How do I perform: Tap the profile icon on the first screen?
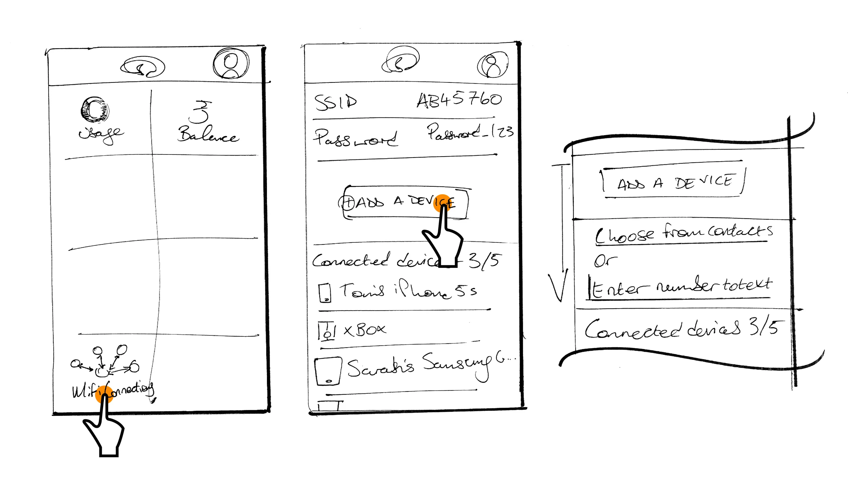[x=231, y=63]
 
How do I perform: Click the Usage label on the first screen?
[x=101, y=134]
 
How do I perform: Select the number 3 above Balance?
[x=200, y=112]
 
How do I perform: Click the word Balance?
[x=208, y=134]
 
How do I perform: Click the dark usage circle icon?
[x=95, y=109]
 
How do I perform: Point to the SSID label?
[x=335, y=102]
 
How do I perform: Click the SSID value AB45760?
[x=459, y=100]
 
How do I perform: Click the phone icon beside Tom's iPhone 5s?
[x=325, y=292]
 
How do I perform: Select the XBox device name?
[x=365, y=329]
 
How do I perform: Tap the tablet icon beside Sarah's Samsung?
[x=328, y=371]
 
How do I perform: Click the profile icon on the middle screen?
[x=492, y=65]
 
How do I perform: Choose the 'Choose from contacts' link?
[x=683, y=234]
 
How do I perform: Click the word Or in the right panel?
[x=605, y=261]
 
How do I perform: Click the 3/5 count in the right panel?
[x=766, y=327]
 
